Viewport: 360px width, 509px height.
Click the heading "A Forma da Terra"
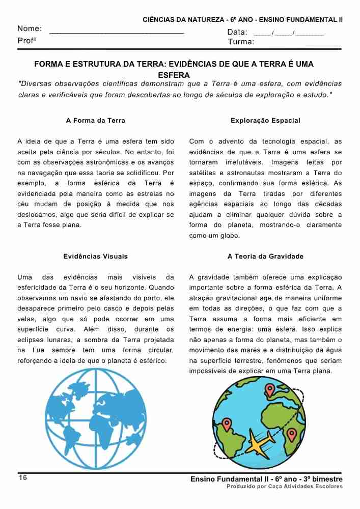pos(96,121)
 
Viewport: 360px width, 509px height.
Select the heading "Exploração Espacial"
pos(265,121)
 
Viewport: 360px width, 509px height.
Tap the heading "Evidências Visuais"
pos(96,257)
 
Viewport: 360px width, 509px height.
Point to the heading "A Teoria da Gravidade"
pos(265,257)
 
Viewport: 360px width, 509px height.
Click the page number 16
pos(22,478)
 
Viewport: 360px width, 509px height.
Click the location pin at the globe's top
pos(270,390)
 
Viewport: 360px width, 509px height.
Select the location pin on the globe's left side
pos(227,424)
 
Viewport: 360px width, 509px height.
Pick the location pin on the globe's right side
pos(291,434)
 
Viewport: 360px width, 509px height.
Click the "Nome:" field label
pos(30,29)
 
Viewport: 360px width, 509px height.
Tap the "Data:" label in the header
pos(237,33)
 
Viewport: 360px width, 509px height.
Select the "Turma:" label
pos(241,42)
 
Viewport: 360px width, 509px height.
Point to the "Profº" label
pos(27,40)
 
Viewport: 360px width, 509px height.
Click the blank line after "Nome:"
pos(117,32)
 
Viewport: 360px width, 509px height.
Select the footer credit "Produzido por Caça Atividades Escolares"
pos(285,487)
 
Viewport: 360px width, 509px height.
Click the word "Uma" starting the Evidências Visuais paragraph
pos(24,277)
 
